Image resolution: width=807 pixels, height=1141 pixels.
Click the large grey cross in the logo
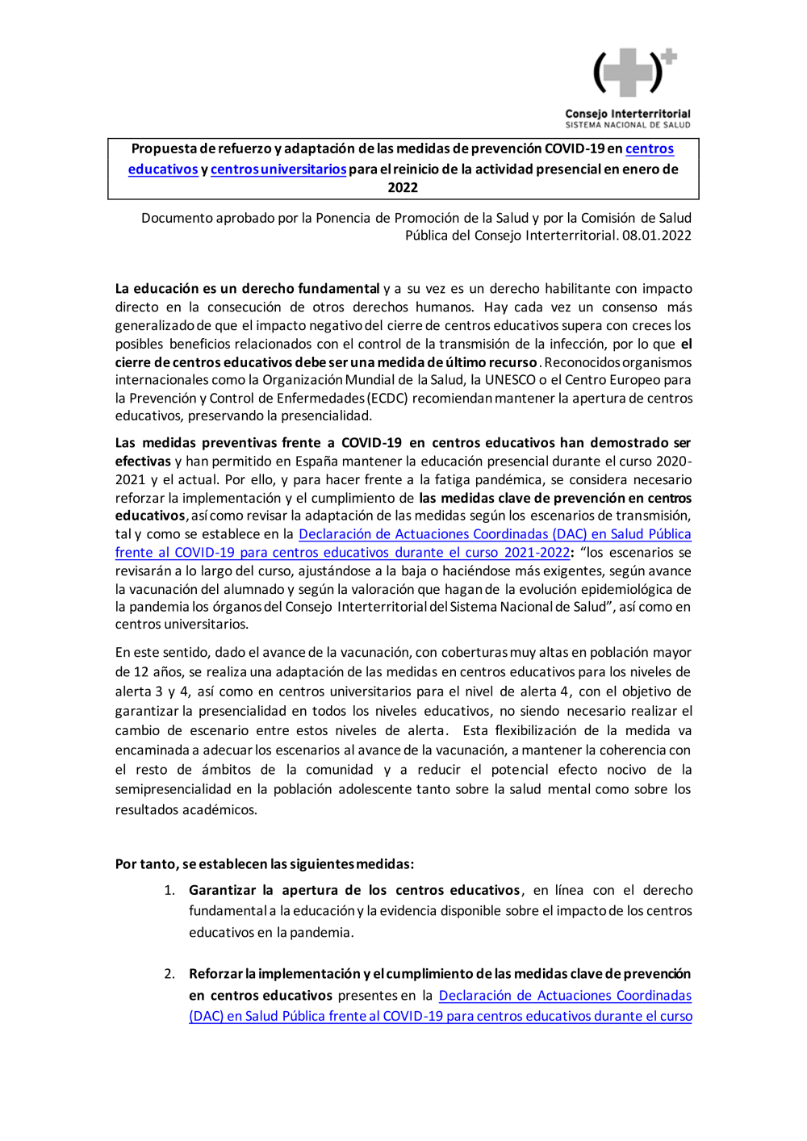point(628,73)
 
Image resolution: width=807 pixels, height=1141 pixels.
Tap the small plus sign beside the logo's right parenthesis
point(669,57)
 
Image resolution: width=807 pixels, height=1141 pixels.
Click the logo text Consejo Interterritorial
point(628,114)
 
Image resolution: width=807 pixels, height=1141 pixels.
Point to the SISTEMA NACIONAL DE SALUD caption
point(628,125)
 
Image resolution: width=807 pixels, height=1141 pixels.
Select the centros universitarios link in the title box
point(278,169)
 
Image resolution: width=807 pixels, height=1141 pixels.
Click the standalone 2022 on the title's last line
point(403,188)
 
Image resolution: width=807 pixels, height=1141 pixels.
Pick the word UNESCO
point(510,380)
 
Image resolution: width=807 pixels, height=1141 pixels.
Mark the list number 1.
point(169,890)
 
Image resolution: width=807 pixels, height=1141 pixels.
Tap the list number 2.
point(169,974)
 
